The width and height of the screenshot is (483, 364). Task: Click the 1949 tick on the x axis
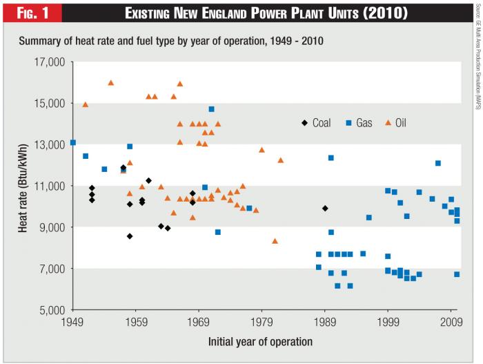pyautogui.click(x=72, y=322)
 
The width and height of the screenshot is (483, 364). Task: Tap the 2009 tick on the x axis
pyautogui.click(x=451, y=322)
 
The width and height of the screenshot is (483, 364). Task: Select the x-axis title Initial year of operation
pyautogui.click(x=260, y=341)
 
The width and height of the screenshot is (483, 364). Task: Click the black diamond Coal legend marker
pyautogui.click(x=304, y=123)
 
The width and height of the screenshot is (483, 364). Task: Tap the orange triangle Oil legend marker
pyautogui.click(x=388, y=123)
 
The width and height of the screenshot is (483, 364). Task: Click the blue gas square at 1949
pyautogui.click(x=73, y=143)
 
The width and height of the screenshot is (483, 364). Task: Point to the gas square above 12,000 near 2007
pyautogui.click(x=438, y=163)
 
